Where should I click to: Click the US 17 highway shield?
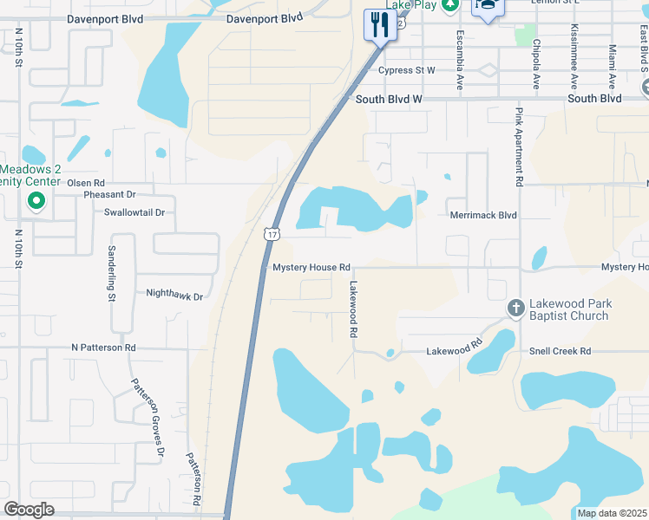[272, 234]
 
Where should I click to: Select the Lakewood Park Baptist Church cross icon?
[515, 309]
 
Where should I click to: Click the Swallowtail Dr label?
[134, 212]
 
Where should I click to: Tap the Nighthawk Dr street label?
[174, 296]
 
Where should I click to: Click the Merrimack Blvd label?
[483, 215]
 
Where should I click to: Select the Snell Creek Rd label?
[560, 351]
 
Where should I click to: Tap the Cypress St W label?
[406, 70]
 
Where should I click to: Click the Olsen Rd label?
[86, 183]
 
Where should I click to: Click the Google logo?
[29, 510]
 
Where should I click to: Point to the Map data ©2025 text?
[612, 513]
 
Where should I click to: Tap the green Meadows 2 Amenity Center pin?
[36, 203]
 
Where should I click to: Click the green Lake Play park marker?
[449, 5]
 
